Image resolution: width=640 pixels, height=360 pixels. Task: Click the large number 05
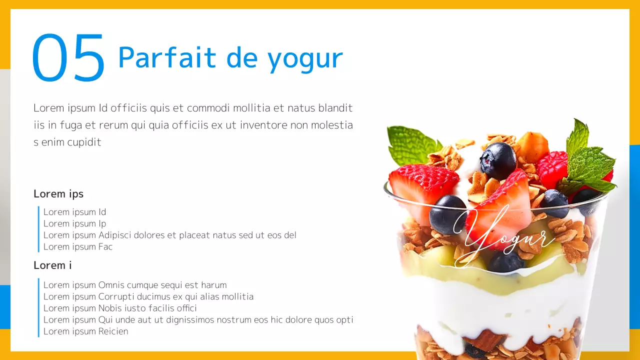click(x=68, y=58)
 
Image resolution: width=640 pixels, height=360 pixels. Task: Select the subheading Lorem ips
click(x=58, y=193)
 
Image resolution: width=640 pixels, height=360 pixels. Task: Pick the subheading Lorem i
click(x=52, y=265)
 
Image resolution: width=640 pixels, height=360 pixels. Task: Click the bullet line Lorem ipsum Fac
click(x=78, y=246)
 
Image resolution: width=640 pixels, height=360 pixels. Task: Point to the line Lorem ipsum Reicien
click(x=85, y=331)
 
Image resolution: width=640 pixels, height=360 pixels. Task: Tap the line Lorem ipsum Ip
click(x=74, y=223)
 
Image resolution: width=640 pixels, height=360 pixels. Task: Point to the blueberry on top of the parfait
click(x=497, y=160)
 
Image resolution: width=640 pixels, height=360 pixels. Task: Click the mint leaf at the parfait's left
click(x=411, y=145)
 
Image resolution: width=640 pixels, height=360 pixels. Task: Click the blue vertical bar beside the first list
click(x=38, y=229)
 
